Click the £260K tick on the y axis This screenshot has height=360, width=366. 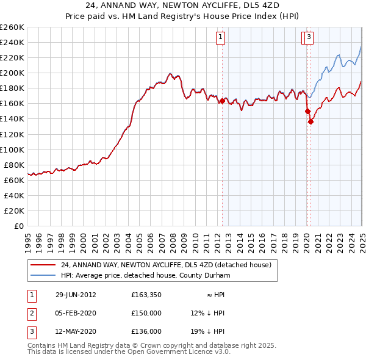12,27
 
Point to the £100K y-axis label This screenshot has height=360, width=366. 12,149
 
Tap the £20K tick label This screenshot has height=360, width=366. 14,211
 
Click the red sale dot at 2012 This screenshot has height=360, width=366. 222,101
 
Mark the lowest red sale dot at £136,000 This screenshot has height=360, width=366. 310,121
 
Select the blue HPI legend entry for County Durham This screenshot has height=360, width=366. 145,276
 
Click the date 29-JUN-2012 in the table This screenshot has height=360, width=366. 76,294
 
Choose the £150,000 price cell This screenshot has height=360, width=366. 146,313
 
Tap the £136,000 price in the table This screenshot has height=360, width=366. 146,332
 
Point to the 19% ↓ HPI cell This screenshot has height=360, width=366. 207,332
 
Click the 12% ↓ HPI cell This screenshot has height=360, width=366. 207,313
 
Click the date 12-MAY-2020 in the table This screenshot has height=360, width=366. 76,332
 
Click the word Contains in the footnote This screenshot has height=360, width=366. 42,345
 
